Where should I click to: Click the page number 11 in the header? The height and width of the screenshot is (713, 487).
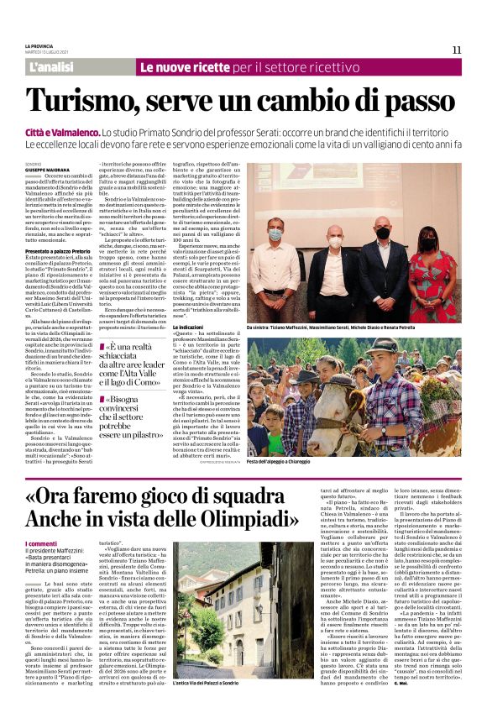click(x=457, y=50)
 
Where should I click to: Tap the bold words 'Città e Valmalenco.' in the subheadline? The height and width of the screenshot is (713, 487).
click(x=61, y=133)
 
